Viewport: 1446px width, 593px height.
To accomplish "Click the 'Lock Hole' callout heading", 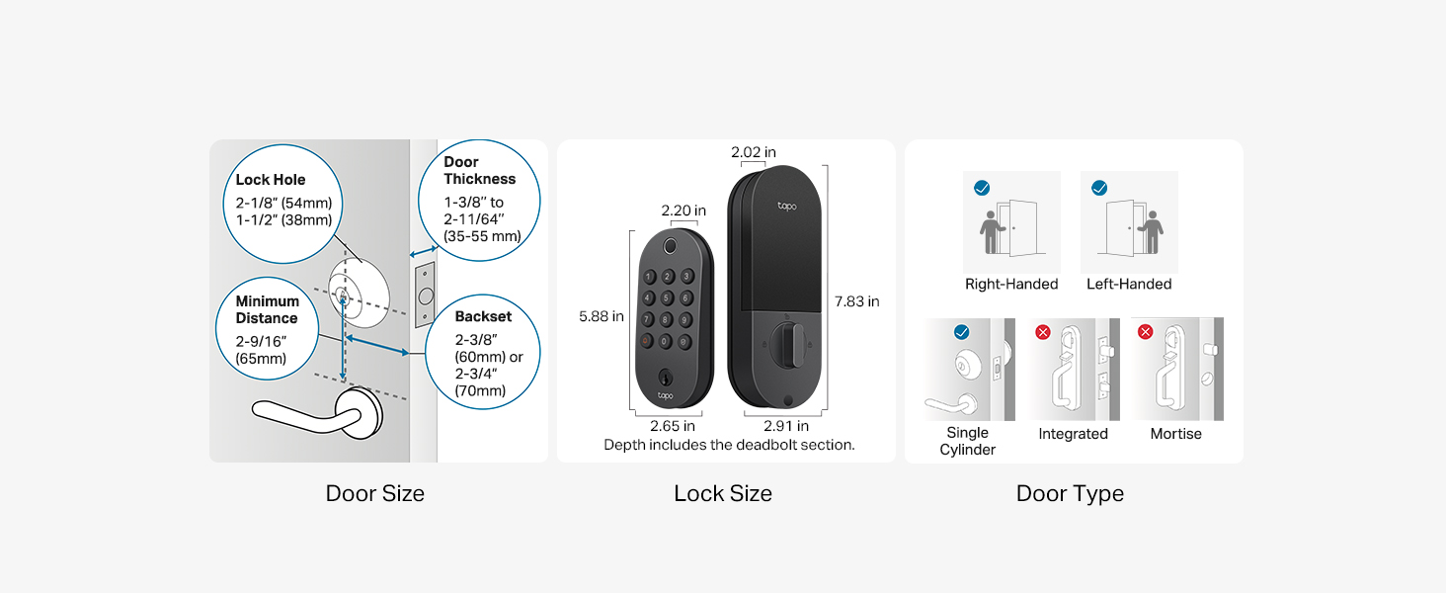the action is pyautogui.click(x=270, y=180).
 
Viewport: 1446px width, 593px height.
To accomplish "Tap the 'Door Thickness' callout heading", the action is pyautogui.click(x=479, y=171).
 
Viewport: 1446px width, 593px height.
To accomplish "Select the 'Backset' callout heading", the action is pyautogui.click(x=483, y=316).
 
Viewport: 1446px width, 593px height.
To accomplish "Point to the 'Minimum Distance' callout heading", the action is pyautogui.click(x=267, y=309).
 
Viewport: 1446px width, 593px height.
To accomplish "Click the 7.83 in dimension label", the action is pyautogui.click(x=856, y=301).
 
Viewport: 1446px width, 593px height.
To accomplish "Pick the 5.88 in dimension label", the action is pyautogui.click(x=601, y=316).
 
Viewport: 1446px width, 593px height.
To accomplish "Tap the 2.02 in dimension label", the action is pyautogui.click(x=754, y=152).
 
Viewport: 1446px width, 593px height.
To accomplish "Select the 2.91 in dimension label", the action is pyautogui.click(x=785, y=426).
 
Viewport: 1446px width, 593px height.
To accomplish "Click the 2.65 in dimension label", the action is pyautogui.click(x=672, y=426).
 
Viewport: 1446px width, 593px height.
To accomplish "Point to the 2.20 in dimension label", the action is pyautogui.click(x=683, y=211).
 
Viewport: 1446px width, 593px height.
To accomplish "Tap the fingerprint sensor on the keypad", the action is pyautogui.click(x=670, y=246).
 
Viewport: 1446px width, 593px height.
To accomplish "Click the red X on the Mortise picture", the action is pyautogui.click(x=1145, y=332).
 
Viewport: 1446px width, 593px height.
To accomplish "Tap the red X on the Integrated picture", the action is pyautogui.click(x=1043, y=332).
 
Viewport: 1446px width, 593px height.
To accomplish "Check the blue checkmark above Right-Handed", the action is pyautogui.click(x=982, y=188).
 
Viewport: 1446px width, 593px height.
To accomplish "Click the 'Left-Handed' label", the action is pyautogui.click(x=1128, y=285).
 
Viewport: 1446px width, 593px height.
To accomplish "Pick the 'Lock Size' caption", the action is pyautogui.click(x=723, y=493).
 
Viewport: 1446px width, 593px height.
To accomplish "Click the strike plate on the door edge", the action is pyautogui.click(x=425, y=295).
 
